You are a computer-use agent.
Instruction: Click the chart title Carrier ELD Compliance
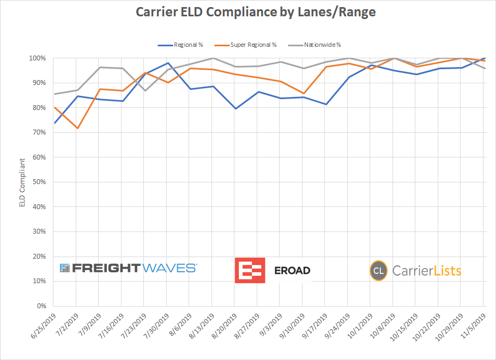point(248,12)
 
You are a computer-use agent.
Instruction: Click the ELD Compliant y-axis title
point(22,182)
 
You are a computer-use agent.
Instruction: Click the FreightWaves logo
point(128,268)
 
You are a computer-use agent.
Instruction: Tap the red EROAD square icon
point(250,270)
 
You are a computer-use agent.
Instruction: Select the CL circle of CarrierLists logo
point(379,271)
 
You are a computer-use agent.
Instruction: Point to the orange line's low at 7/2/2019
point(77,129)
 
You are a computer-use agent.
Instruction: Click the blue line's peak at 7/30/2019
point(168,63)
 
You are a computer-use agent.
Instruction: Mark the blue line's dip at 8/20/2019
point(235,109)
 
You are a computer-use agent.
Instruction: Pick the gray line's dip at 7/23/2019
point(145,90)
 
